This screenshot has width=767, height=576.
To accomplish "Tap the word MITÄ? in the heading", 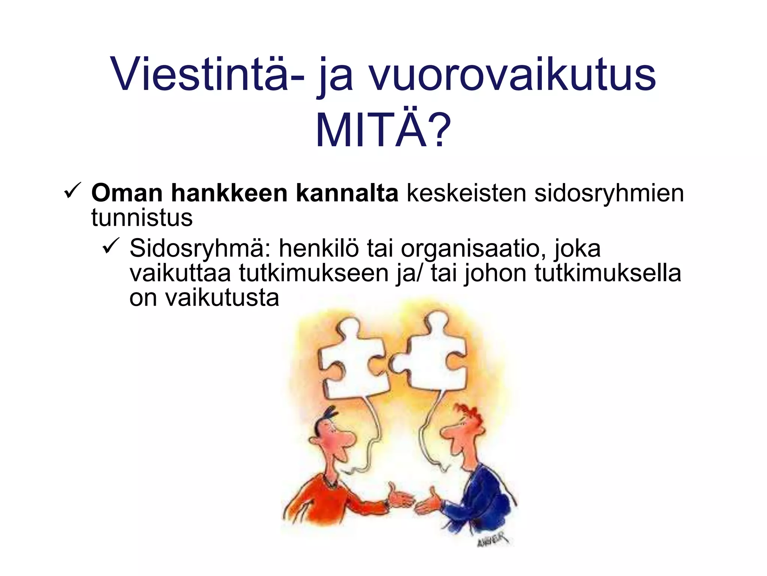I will tap(383, 131).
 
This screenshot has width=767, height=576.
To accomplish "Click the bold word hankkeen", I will tap(229, 193).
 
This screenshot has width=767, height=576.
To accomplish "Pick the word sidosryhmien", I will tap(609, 194).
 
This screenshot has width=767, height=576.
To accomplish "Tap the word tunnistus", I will tap(142, 217).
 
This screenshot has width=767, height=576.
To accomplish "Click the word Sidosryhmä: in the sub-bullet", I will tap(200, 249).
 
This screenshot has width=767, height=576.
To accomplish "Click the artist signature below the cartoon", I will tap(493, 540).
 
